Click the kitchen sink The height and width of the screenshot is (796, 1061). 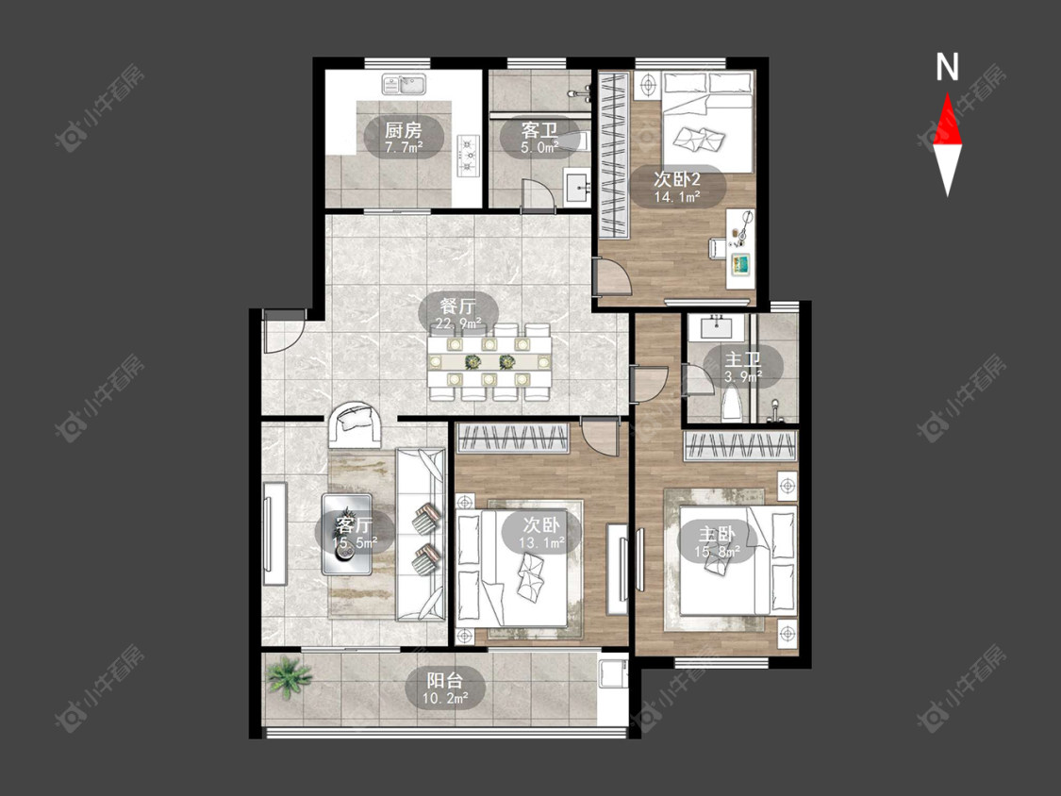(x=404, y=85)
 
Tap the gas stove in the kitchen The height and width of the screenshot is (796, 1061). (x=468, y=155)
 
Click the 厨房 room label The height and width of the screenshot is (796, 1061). (x=404, y=128)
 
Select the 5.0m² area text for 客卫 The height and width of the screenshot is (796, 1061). (x=539, y=147)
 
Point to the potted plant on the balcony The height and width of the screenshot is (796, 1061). (x=289, y=676)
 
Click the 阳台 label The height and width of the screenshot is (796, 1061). (x=444, y=678)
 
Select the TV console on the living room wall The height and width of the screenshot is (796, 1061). (x=274, y=534)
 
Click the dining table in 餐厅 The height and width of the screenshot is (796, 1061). (x=489, y=362)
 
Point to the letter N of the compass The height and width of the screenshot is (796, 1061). (x=947, y=67)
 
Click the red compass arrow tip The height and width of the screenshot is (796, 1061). (x=947, y=93)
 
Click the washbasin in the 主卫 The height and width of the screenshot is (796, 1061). (x=717, y=327)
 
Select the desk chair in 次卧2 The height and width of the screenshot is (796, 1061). (x=718, y=248)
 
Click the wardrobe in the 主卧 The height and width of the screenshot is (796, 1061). (x=741, y=446)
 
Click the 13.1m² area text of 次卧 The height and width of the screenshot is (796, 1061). (x=541, y=542)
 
